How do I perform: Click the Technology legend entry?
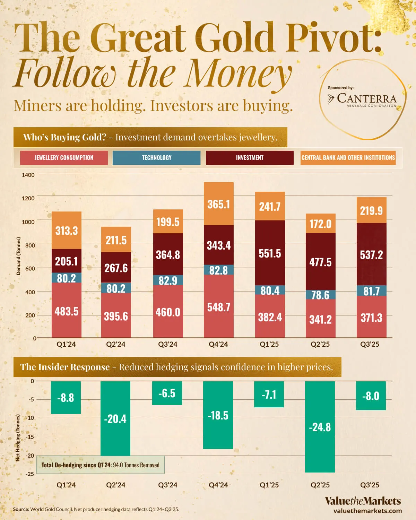point(156,158)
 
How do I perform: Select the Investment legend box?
point(250,158)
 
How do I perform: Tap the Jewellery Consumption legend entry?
point(64,158)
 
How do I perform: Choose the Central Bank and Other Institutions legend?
point(348,158)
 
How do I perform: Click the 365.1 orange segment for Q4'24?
point(219,204)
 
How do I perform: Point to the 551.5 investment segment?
point(270,253)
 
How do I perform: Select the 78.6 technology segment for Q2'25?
point(321,295)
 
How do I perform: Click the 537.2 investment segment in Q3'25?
point(371,254)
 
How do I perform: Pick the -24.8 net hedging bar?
point(320,427)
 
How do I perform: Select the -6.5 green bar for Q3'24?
point(167,393)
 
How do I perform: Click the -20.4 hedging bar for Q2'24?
point(115,418)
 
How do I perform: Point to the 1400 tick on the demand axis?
point(28,175)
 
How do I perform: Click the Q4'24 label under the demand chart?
point(218,344)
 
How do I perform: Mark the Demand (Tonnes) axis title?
point(19,256)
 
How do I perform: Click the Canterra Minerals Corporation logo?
point(362,99)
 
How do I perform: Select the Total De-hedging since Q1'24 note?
point(101,465)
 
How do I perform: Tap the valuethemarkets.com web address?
point(367,511)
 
